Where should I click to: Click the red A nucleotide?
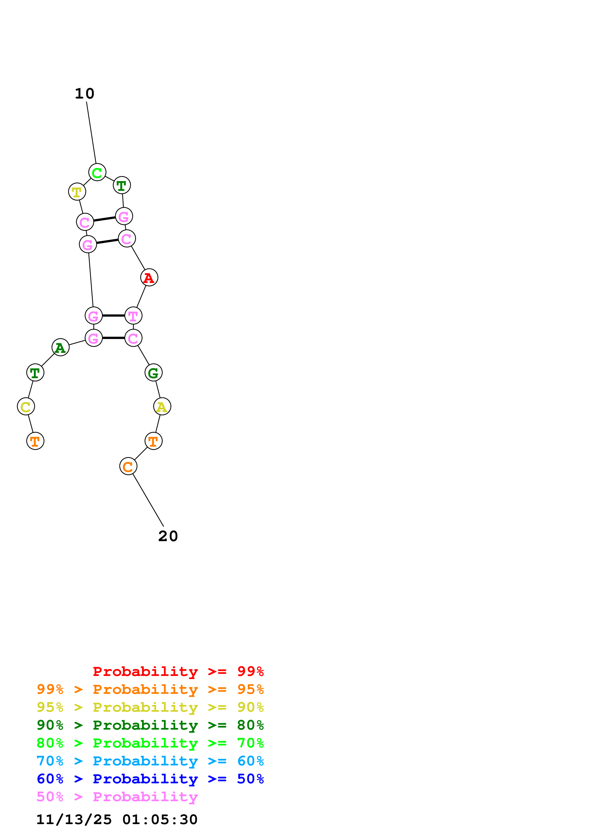tap(149, 277)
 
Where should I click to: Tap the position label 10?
tap(85, 94)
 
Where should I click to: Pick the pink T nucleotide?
tap(133, 315)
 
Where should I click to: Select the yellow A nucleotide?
tap(162, 407)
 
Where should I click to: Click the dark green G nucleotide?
tap(153, 372)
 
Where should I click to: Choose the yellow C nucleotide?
tap(26, 407)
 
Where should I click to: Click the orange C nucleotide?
tap(128, 466)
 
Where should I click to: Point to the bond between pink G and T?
tap(113, 315)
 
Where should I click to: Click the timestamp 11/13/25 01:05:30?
tap(117, 820)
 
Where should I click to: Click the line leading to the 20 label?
tap(148, 500)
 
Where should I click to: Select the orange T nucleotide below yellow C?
tap(35, 441)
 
